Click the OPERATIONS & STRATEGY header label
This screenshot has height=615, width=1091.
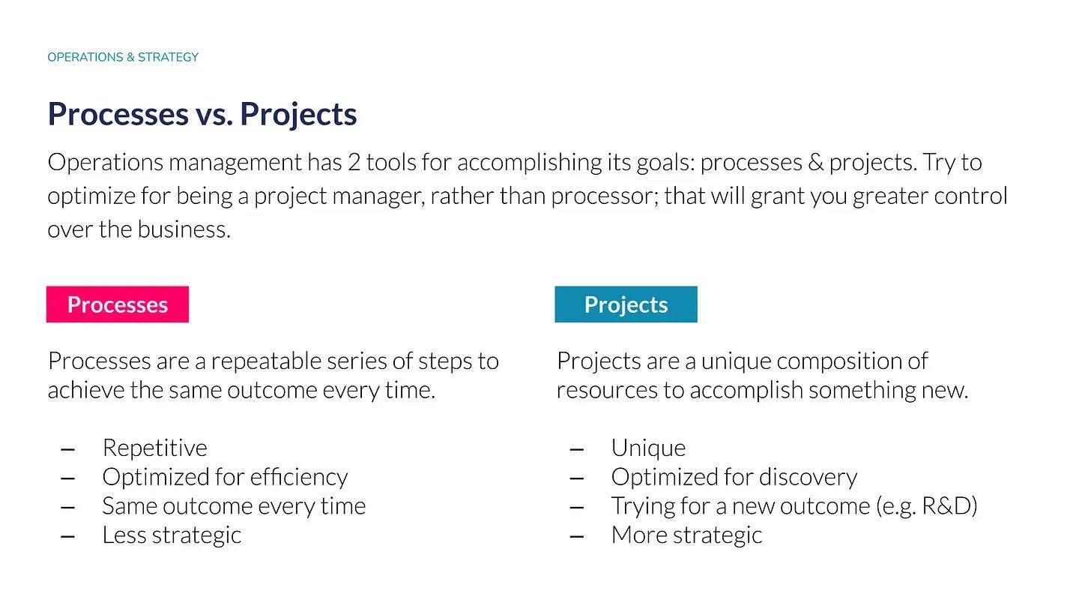(x=123, y=57)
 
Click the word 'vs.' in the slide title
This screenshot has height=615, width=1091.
(x=214, y=114)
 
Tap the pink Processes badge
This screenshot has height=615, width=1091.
(x=118, y=304)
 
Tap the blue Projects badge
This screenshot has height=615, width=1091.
(x=626, y=304)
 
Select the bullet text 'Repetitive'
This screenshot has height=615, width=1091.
(x=154, y=448)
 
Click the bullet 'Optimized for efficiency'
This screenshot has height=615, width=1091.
(x=225, y=477)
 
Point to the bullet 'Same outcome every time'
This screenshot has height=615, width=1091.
(x=234, y=506)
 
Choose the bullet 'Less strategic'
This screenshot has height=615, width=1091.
(x=172, y=535)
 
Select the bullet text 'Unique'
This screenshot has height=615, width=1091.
(x=648, y=448)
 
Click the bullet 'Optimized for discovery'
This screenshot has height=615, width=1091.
(x=734, y=477)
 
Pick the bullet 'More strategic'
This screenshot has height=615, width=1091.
(x=686, y=535)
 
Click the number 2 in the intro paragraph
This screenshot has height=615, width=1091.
(x=354, y=163)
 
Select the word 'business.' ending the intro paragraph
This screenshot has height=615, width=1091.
(x=184, y=229)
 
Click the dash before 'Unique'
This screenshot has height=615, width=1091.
(x=576, y=448)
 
